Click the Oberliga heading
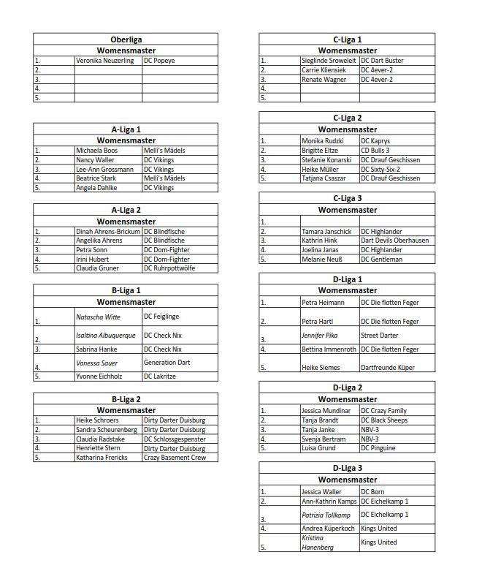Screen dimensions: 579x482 126,39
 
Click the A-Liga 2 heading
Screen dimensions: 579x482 126,211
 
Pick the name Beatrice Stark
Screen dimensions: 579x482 100,178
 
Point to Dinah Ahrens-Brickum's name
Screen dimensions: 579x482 107,232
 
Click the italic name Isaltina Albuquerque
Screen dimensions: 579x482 106,336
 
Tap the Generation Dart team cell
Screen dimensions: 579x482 167,363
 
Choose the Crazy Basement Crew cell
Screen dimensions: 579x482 175,458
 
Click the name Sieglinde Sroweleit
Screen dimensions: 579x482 329,61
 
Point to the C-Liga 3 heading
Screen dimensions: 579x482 347,198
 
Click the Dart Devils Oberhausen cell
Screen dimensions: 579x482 395,241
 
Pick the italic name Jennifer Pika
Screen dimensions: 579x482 321,336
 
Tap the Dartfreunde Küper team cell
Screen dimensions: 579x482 389,368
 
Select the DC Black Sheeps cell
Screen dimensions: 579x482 384,420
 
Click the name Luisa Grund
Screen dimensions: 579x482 318,448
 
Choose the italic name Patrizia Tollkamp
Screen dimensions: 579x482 326,515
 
